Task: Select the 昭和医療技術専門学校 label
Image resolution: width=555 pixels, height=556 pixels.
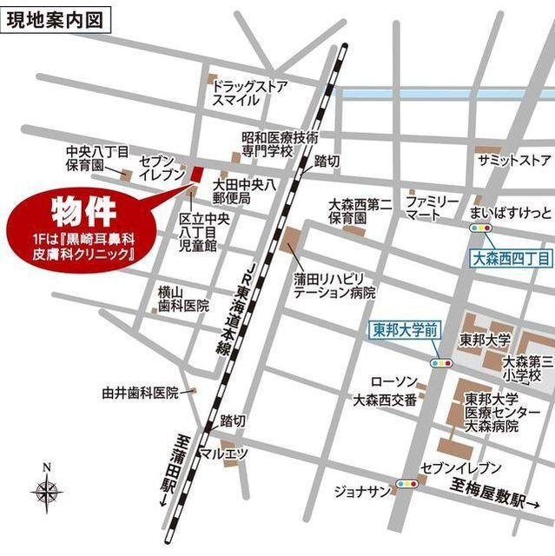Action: [280, 144]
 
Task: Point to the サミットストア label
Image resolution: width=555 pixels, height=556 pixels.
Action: [513, 161]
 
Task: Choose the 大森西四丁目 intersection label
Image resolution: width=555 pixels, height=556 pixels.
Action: [511, 258]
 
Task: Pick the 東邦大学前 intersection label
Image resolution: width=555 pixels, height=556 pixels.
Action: [406, 329]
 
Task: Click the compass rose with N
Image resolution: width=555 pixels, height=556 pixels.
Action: [47, 492]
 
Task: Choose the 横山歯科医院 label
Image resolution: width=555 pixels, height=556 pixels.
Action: [182, 299]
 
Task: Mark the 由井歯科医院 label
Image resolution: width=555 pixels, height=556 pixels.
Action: [139, 393]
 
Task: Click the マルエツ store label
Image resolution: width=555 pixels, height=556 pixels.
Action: [223, 453]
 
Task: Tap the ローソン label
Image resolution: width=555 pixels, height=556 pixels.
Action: [394, 382]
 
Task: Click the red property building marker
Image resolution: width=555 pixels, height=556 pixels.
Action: [195, 174]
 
